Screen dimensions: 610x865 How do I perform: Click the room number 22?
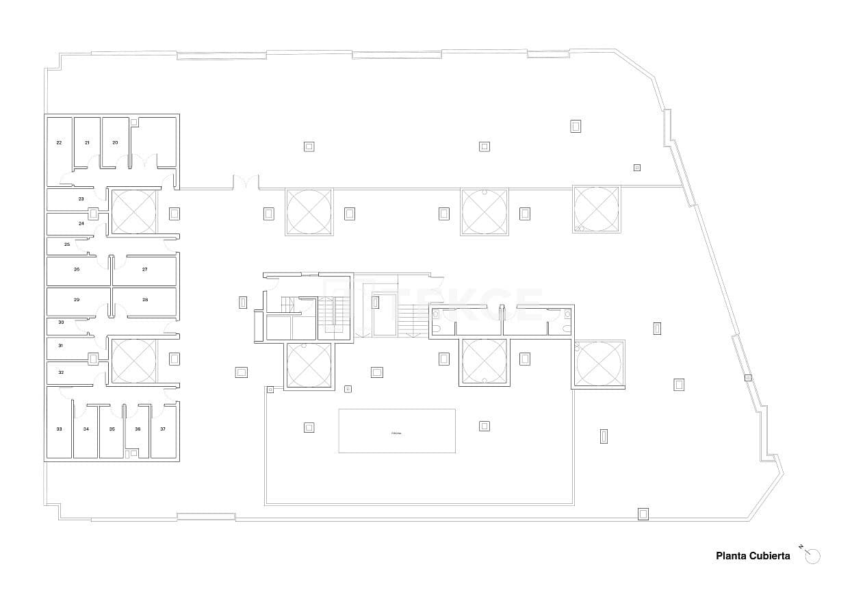coord(59,142)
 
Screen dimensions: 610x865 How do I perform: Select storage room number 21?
coord(87,142)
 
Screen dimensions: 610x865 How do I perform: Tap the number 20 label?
coord(115,142)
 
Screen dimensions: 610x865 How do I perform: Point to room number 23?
coord(81,199)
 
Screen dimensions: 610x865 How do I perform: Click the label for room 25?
coord(67,244)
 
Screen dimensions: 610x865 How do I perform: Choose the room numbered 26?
coord(77,270)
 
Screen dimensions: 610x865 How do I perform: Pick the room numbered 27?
coord(144,270)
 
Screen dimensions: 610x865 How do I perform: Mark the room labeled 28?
coord(144,300)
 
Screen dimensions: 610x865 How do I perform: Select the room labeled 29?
coord(77,300)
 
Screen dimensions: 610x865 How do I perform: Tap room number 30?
coord(61,322)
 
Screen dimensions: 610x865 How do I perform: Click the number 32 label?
coord(61,372)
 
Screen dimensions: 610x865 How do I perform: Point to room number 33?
coord(59,429)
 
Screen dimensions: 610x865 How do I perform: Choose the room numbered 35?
coord(112,429)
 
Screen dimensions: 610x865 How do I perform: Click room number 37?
coord(163,429)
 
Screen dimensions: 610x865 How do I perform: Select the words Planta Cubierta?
coord(753,556)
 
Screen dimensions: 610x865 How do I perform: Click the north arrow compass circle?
coord(813,557)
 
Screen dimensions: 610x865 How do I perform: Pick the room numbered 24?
coord(81,224)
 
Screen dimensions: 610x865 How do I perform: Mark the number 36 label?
coord(138,429)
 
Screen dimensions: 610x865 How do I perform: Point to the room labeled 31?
coord(61,346)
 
